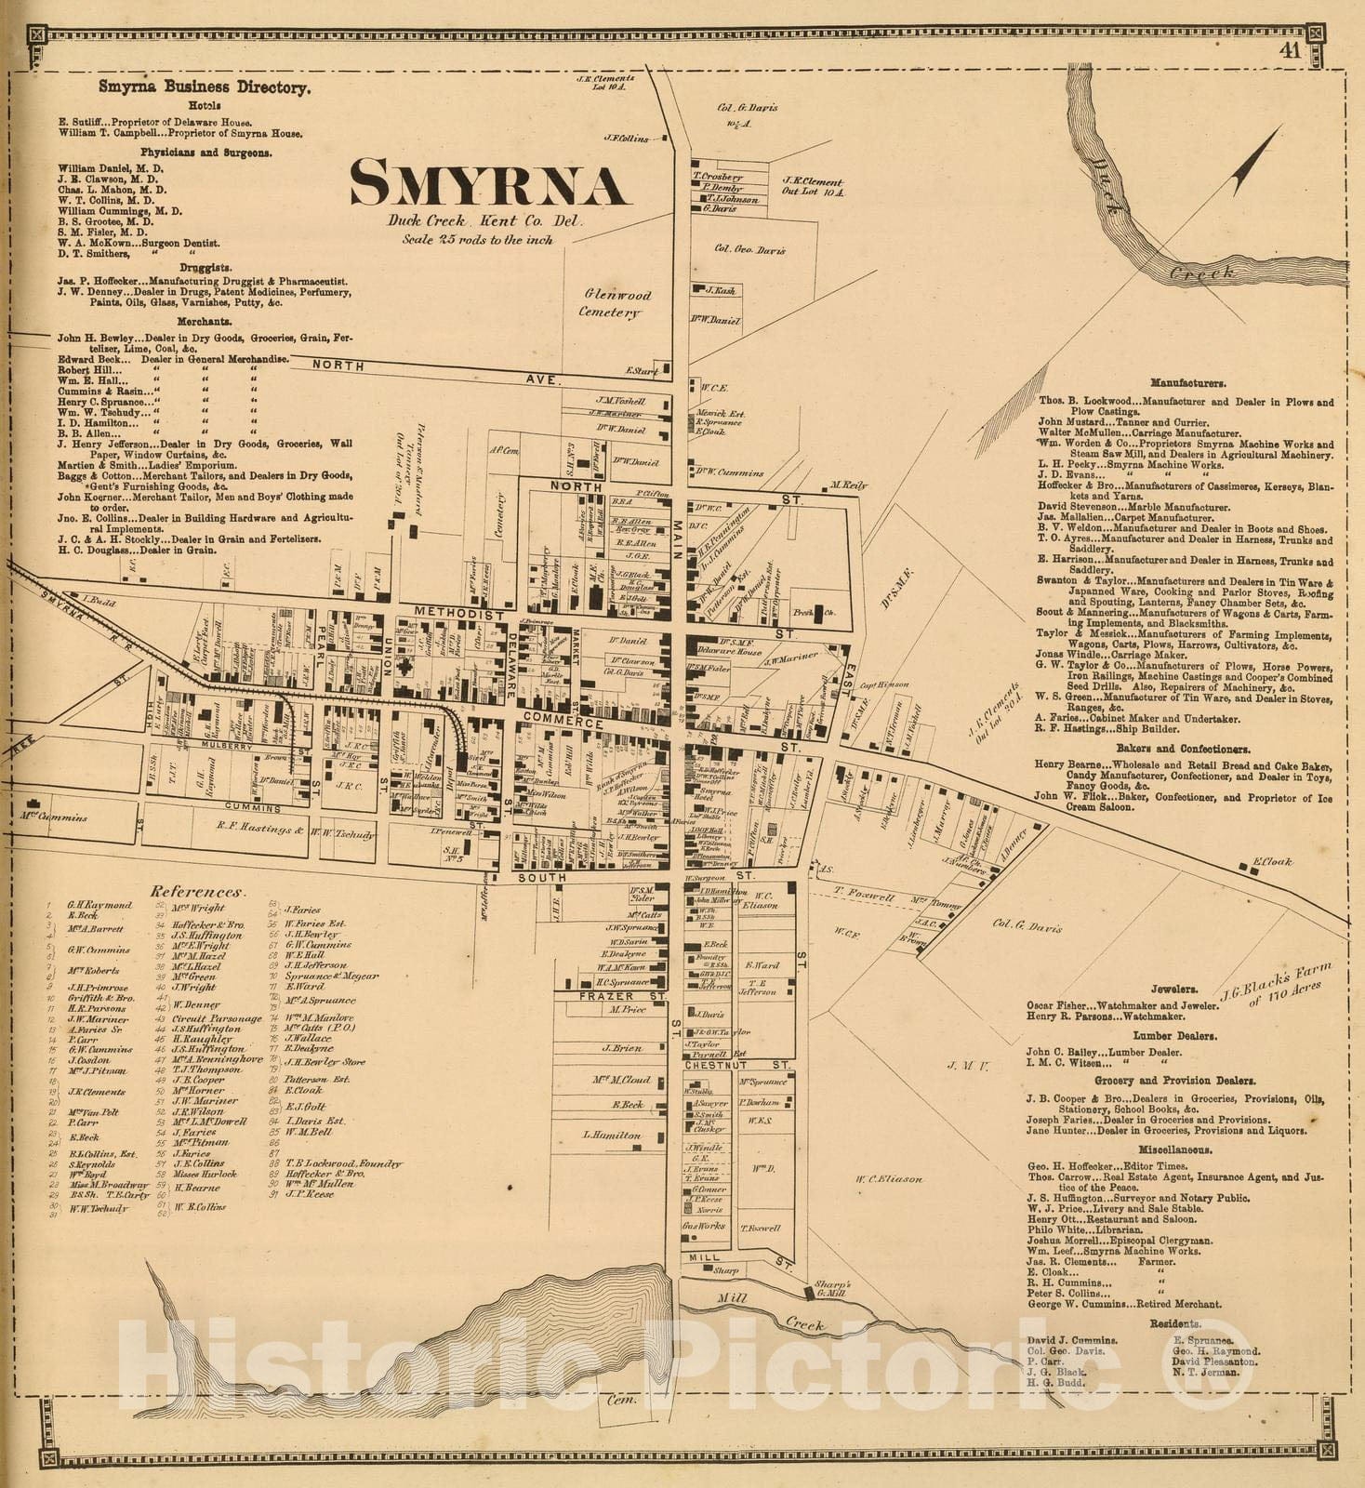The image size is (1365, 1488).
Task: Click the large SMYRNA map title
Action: click(x=488, y=184)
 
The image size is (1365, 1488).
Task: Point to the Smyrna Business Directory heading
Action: click(x=205, y=87)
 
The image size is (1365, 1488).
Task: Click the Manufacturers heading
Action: click(x=1187, y=382)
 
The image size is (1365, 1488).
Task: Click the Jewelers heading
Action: click(x=1173, y=990)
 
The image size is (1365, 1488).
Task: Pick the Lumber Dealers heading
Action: click(x=1179, y=1035)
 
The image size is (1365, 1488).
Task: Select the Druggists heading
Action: click(x=205, y=267)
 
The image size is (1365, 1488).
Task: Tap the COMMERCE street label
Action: click(x=563, y=721)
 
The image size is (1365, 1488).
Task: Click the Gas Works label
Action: click(x=704, y=1226)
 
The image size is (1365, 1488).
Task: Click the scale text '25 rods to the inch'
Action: click(x=477, y=240)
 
